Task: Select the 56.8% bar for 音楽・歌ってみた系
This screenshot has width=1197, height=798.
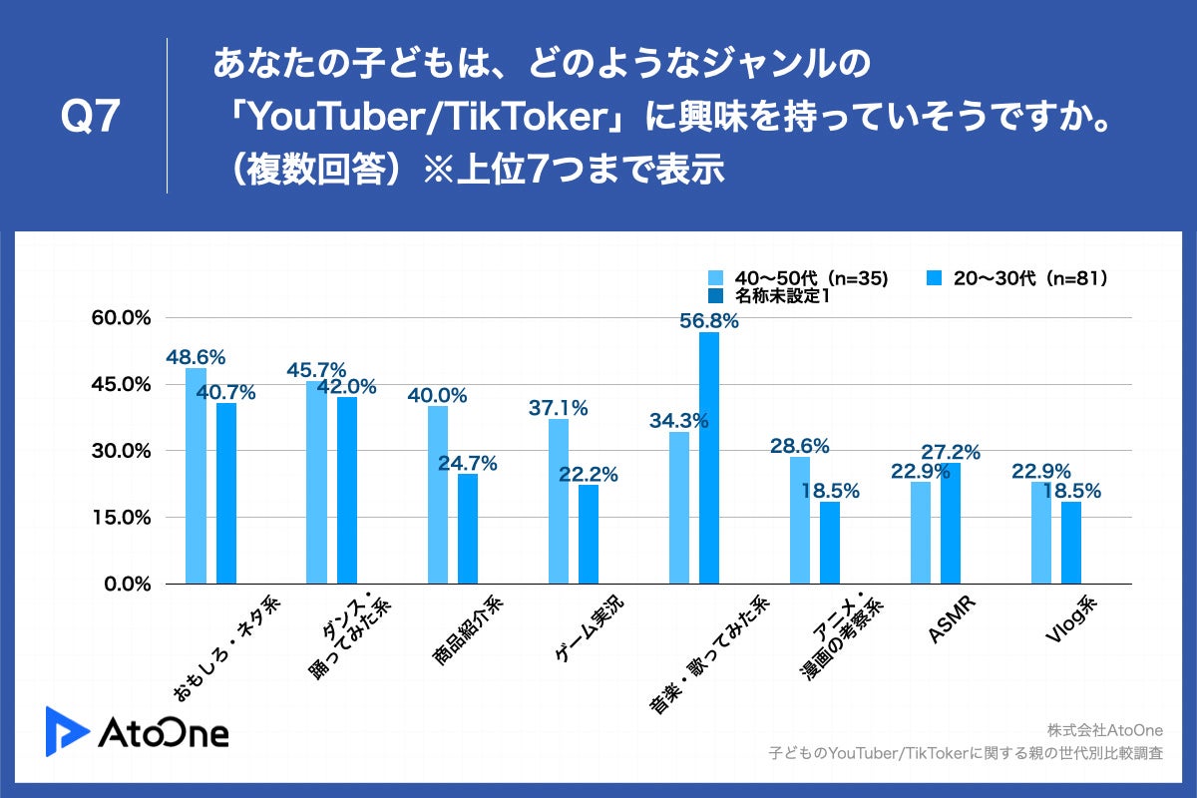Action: pos(709,458)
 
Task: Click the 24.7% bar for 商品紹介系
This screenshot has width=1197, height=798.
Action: pos(468,529)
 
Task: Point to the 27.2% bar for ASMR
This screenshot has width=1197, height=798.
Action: pos(951,524)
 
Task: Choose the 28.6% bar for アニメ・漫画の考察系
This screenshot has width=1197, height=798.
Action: pos(800,520)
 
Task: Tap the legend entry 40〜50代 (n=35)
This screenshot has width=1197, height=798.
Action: pos(798,278)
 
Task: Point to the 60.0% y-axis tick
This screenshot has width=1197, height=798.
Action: pos(122,317)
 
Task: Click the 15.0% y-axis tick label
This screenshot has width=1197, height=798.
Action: pos(122,518)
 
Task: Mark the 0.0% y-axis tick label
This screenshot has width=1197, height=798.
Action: pos(127,585)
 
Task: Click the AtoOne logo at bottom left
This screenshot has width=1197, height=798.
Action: pos(137,731)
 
